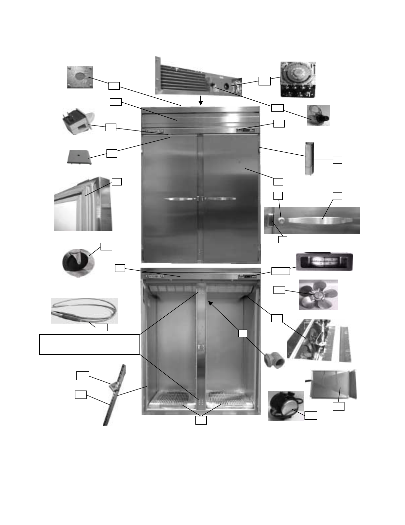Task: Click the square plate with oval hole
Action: [x=80, y=77]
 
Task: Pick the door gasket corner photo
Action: [x=83, y=203]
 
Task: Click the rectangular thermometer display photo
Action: [x=324, y=262]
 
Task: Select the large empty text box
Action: [x=89, y=344]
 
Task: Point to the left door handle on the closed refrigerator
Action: [x=179, y=199]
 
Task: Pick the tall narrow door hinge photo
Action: [x=309, y=159]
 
